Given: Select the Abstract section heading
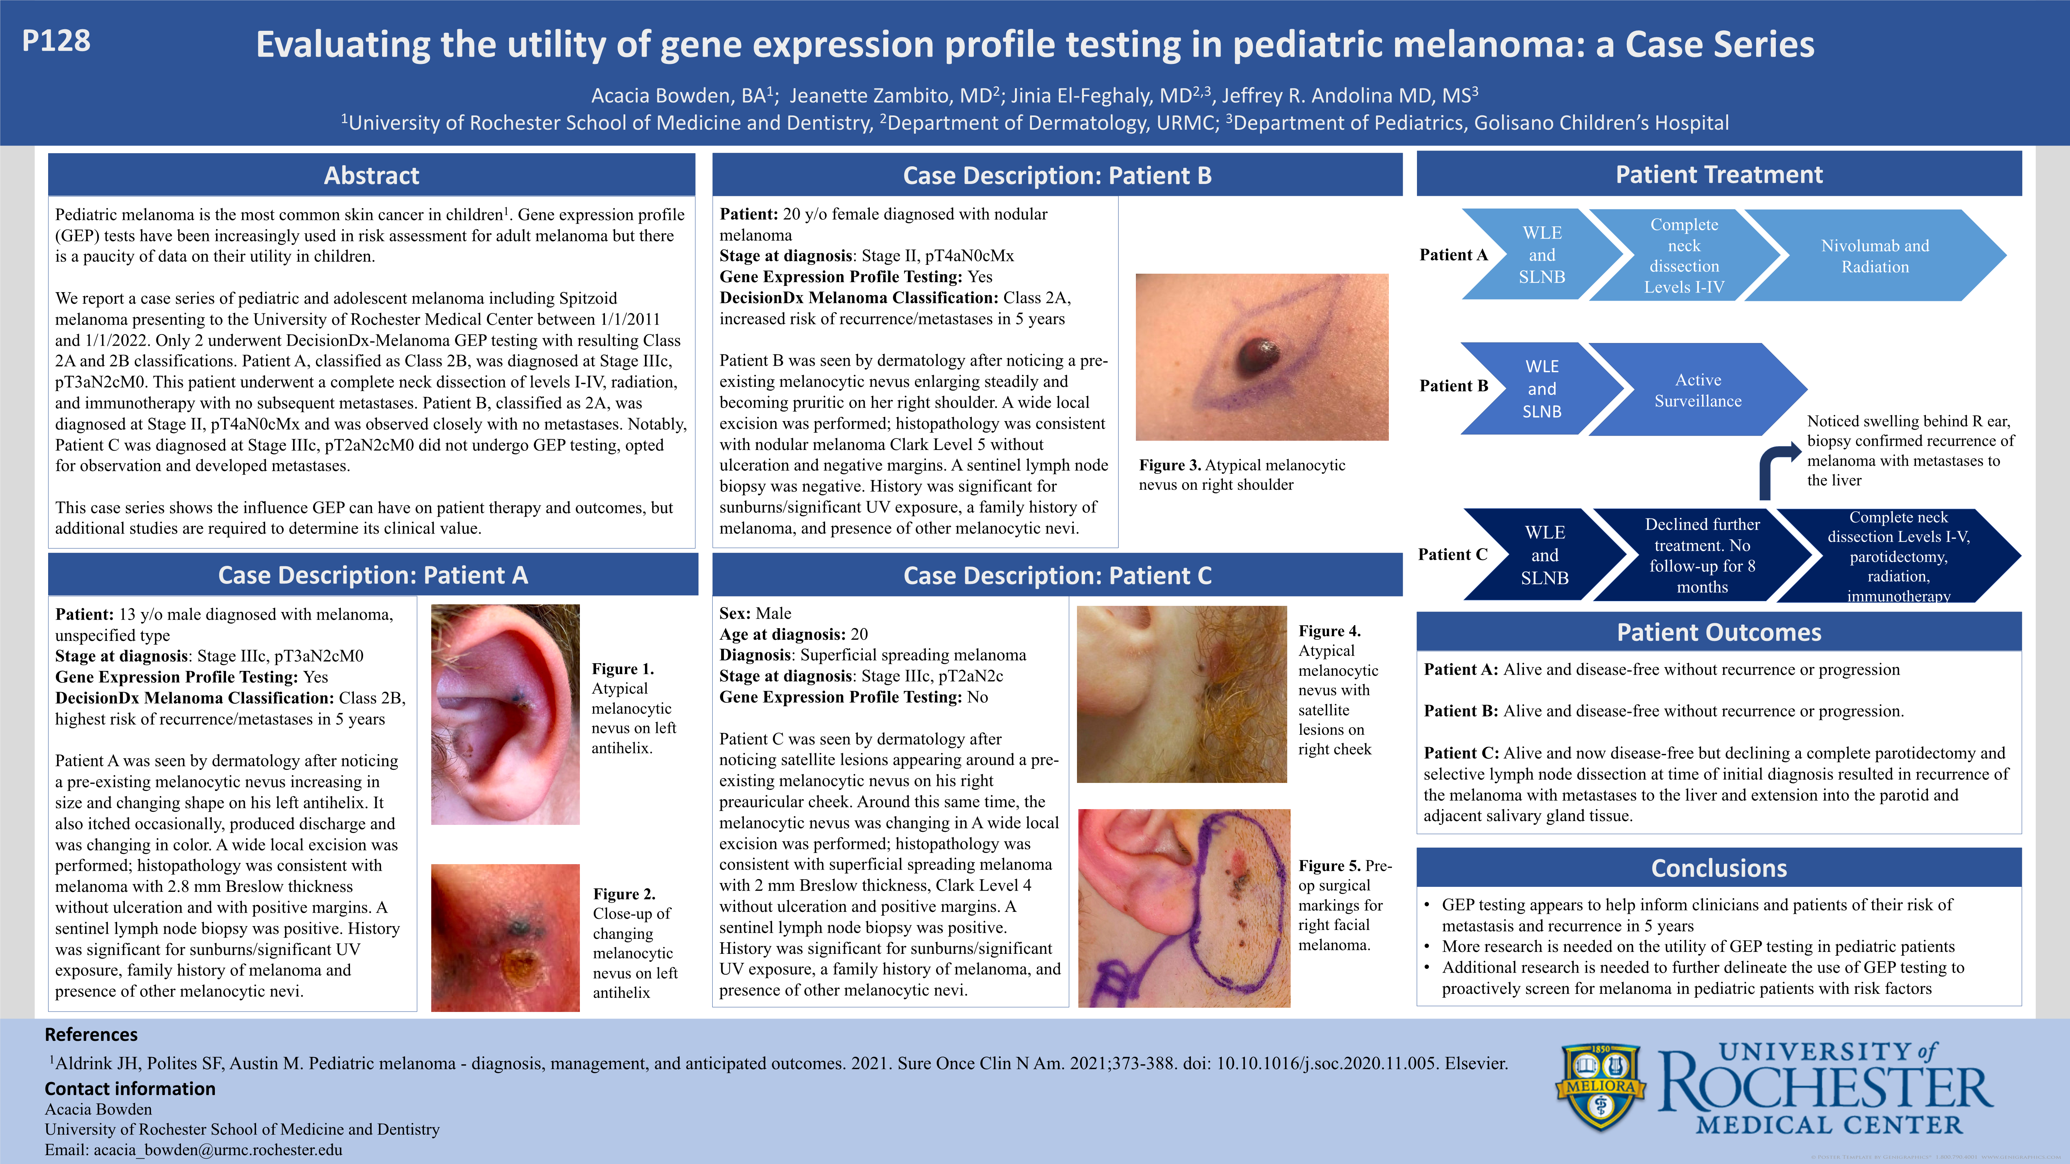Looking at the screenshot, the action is tap(371, 175).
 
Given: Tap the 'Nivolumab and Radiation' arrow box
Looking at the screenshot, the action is tap(1875, 256).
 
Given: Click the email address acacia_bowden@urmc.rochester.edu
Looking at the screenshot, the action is tap(218, 1149).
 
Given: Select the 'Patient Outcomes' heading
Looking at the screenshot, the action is tap(1719, 632).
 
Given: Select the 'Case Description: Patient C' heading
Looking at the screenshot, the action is tap(1057, 575).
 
